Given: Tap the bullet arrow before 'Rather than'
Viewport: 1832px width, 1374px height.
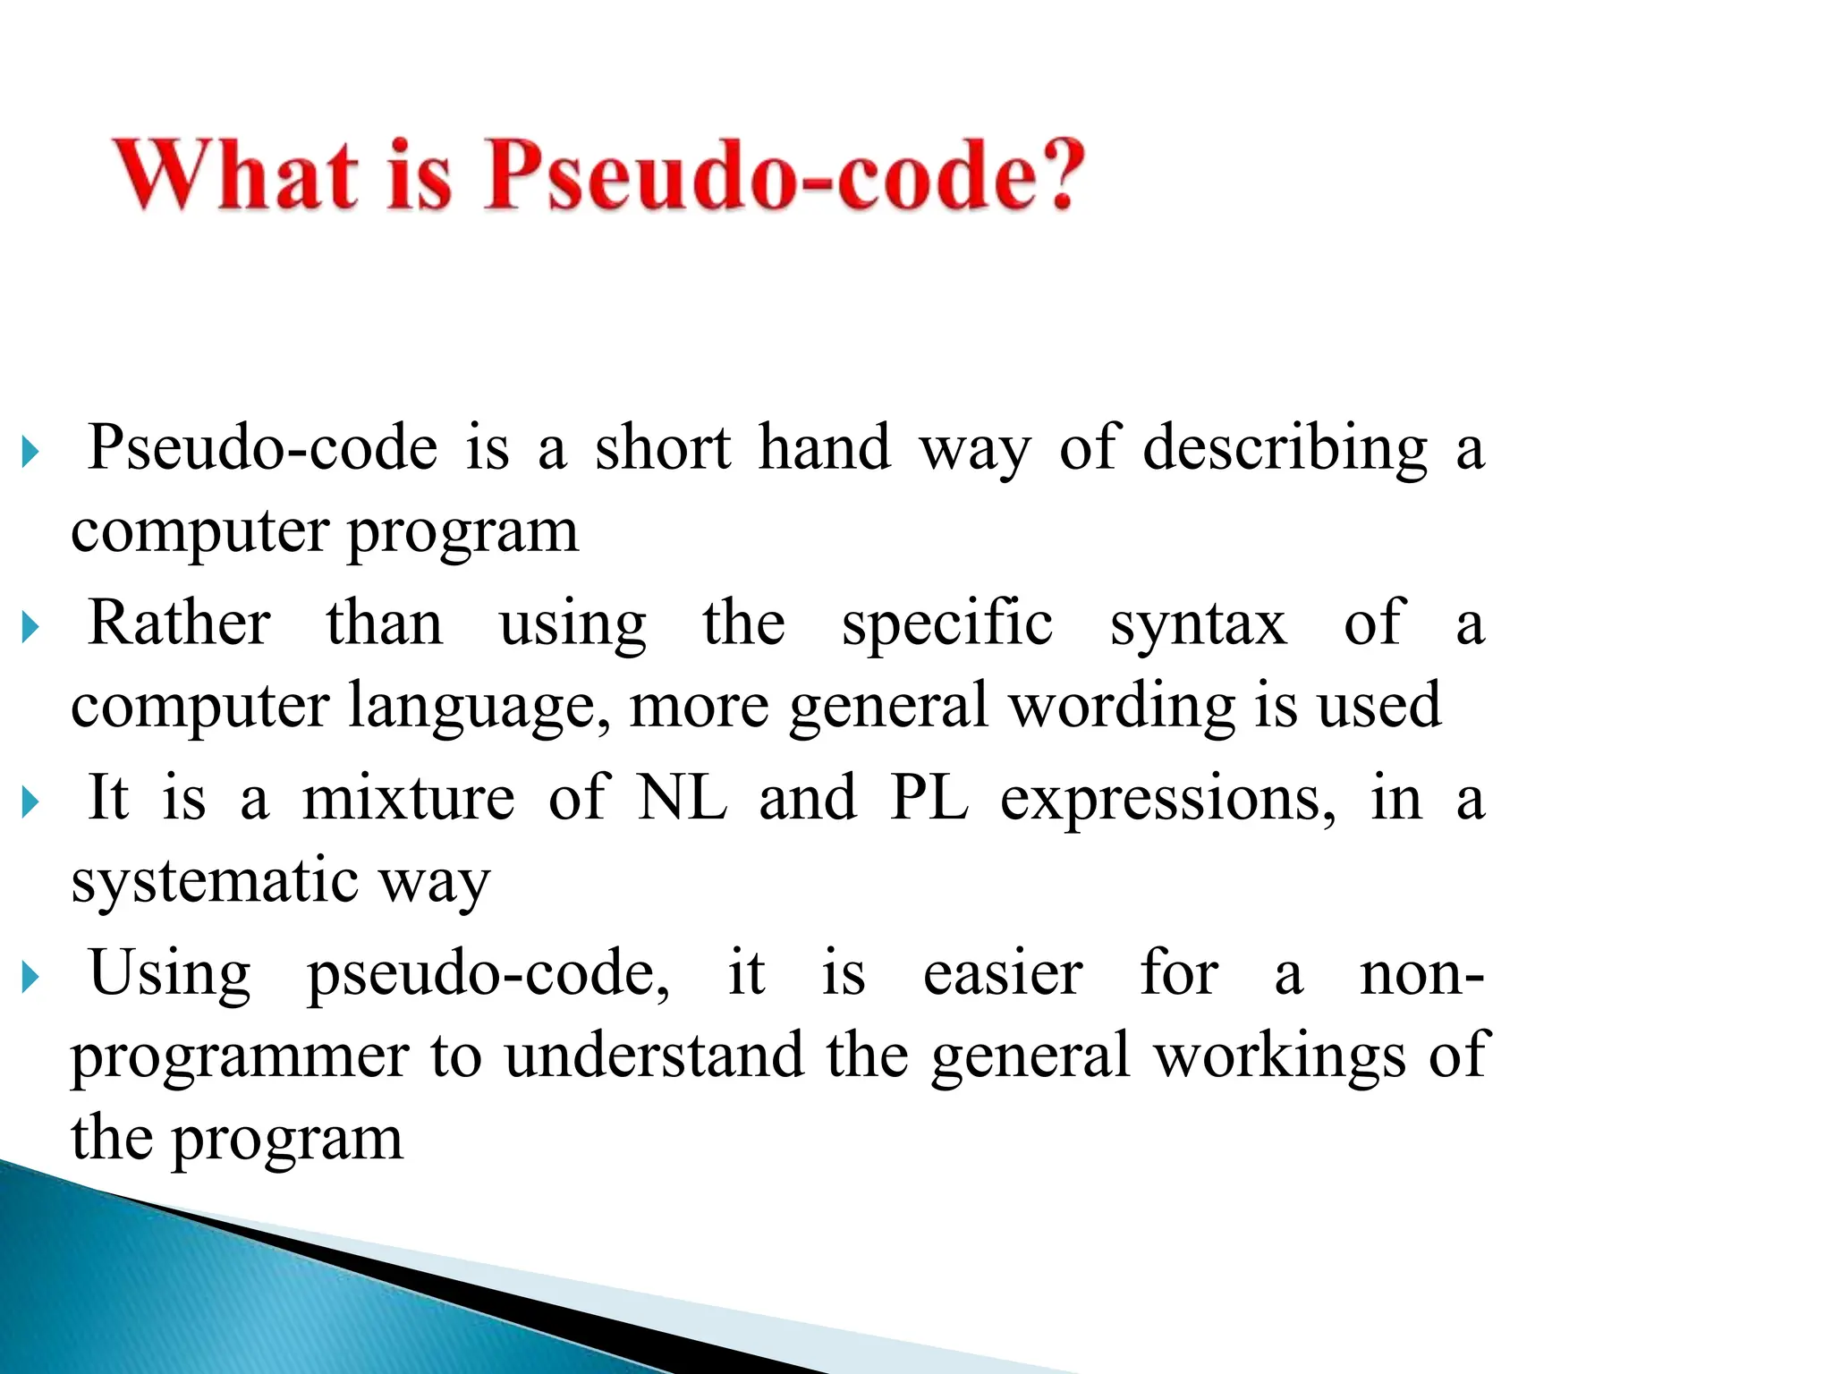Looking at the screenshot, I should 30,628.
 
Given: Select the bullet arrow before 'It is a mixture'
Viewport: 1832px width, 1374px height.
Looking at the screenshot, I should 30,802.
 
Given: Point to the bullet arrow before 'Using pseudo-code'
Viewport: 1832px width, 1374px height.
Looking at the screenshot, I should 30,978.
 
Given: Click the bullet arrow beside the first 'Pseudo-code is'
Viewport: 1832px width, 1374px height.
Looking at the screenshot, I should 30,453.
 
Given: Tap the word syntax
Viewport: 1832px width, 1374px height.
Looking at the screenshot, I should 1199,624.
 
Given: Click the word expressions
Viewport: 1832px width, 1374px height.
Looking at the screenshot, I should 1167,799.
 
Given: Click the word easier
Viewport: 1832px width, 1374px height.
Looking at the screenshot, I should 1003,973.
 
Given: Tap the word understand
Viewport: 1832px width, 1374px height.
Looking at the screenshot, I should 654,1056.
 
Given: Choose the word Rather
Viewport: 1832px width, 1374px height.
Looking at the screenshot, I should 179,623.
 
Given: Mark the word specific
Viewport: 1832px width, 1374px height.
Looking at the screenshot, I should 947,624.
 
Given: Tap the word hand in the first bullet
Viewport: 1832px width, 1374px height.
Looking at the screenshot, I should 824,447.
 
